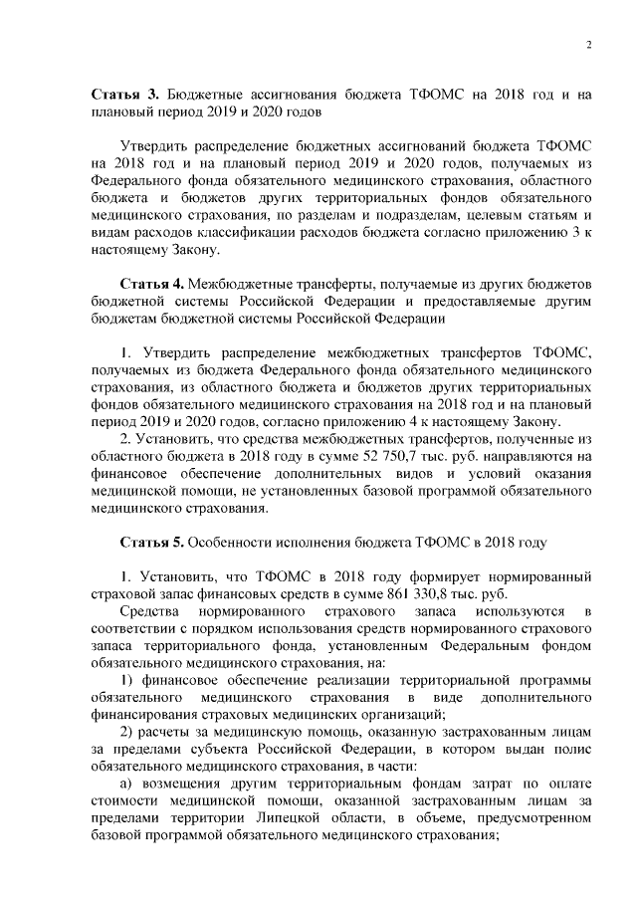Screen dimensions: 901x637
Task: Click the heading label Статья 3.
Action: coord(124,94)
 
